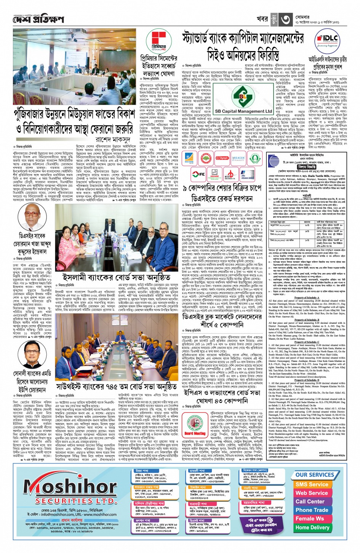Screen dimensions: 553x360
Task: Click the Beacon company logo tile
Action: pos(238,158)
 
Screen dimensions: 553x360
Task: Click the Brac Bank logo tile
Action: pos(189,158)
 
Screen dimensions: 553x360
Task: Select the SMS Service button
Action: pos(312,484)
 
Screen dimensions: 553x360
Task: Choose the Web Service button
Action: pos(312,493)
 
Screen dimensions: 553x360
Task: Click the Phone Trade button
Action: pos(312,510)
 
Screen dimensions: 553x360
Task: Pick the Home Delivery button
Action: pos(312,527)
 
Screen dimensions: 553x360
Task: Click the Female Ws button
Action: pos(310,519)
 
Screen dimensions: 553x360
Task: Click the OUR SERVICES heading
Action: pos(315,475)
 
